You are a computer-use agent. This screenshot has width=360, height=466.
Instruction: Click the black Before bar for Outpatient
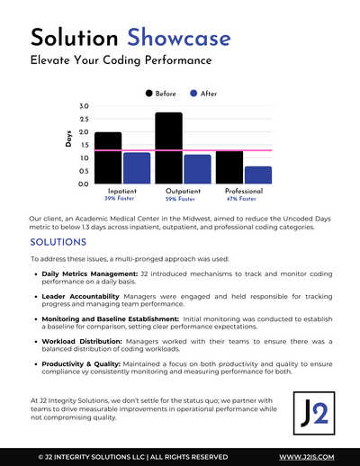click(x=168, y=148)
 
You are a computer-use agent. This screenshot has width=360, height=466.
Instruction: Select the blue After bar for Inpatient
click(x=137, y=168)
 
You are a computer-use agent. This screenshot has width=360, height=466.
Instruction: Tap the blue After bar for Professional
click(x=258, y=175)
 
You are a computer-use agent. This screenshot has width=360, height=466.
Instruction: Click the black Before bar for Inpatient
click(x=108, y=157)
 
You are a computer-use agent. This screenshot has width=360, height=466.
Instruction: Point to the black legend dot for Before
click(x=149, y=94)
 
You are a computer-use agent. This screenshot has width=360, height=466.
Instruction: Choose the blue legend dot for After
click(x=193, y=94)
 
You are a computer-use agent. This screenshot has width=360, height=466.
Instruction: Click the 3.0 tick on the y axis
click(x=84, y=106)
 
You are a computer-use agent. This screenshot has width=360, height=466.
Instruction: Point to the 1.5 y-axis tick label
click(x=84, y=145)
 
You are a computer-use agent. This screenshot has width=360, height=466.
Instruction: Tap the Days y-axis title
click(x=68, y=139)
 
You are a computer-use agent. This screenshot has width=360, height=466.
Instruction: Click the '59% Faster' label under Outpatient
click(x=180, y=199)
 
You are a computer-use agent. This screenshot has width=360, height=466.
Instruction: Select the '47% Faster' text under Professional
click(x=241, y=199)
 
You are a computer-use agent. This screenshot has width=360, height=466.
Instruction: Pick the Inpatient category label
click(x=122, y=191)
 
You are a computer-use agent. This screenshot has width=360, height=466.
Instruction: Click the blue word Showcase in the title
click(x=179, y=37)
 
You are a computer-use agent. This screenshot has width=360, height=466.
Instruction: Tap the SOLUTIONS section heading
click(x=58, y=242)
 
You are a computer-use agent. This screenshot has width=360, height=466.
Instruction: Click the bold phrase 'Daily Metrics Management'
click(x=89, y=273)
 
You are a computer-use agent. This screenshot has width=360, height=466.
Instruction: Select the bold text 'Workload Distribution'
click(x=82, y=341)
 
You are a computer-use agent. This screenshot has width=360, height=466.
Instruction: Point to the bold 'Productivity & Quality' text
click(x=81, y=364)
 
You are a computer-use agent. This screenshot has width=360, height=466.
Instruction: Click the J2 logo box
click(x=314, y=413)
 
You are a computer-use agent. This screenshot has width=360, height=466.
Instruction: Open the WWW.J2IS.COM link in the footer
click(x=307, y=457)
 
